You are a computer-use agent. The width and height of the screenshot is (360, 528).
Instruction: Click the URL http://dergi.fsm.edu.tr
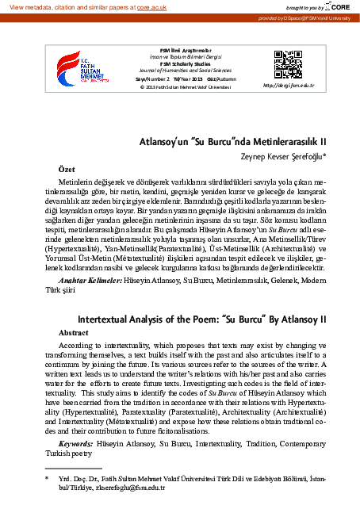click(289, 84)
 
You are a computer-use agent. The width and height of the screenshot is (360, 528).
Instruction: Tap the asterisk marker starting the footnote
click(47, 479)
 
